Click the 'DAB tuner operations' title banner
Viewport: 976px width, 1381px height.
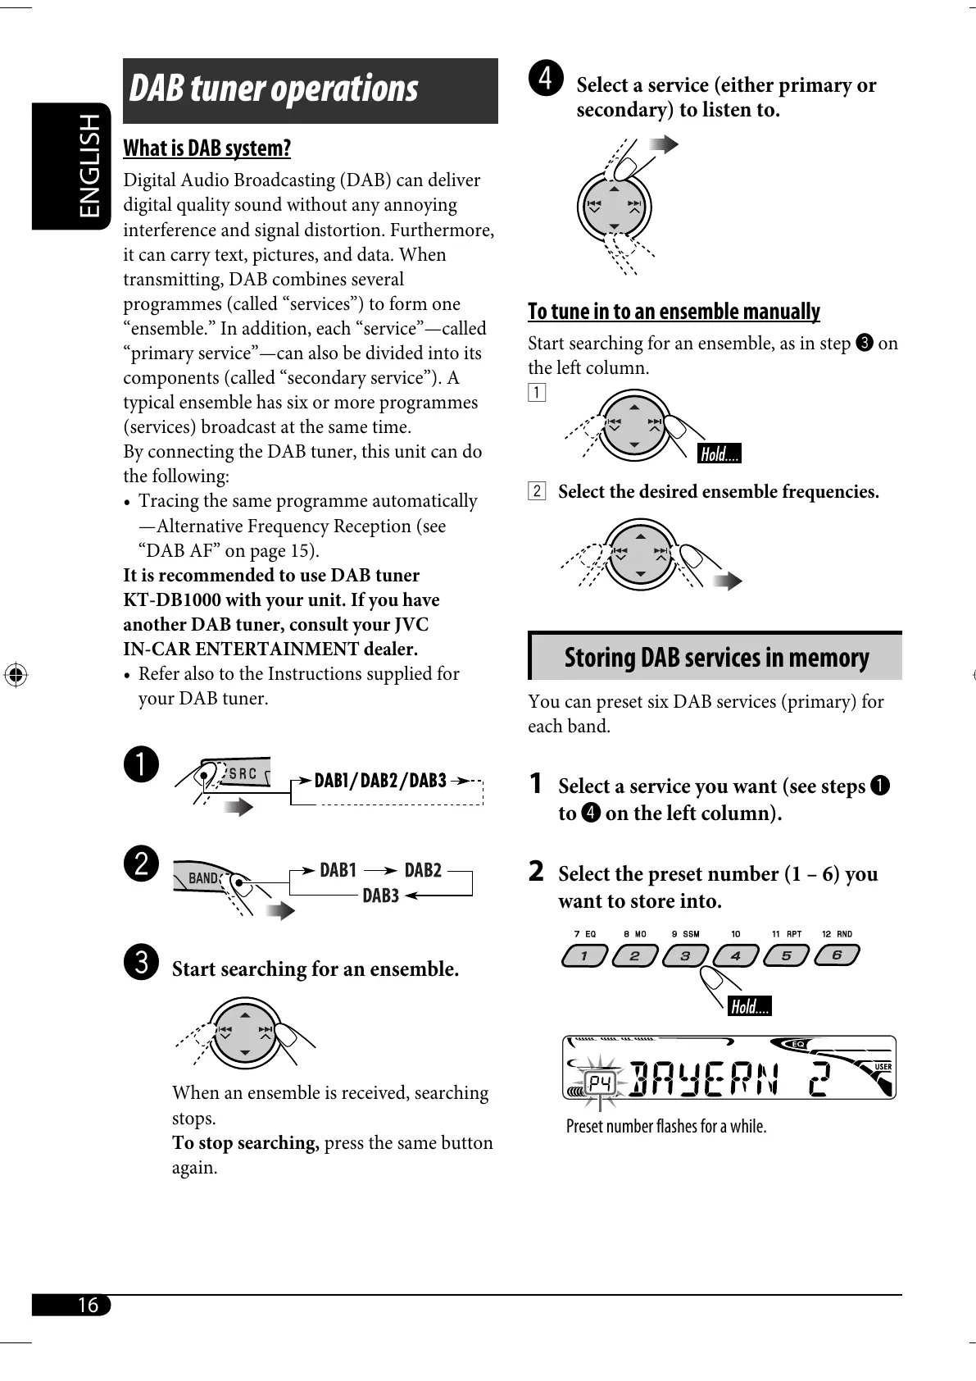point(310,90)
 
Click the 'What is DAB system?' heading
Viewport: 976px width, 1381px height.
point(207,148)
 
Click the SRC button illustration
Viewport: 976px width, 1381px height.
point(243,774)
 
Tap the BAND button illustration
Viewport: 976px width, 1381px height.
point(202,878)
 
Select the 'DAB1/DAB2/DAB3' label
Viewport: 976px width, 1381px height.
point(380,780)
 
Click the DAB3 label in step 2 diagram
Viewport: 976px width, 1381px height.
point(380,896)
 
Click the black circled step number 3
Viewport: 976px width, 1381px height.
point(143,961)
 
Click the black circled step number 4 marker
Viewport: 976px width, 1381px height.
point(546,78)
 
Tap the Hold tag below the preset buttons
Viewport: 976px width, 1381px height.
point(749,1006)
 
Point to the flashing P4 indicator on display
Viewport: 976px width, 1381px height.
point(601,1084)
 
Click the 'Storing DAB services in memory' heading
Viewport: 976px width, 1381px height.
point(715,658)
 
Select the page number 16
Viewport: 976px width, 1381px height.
point(87,1305)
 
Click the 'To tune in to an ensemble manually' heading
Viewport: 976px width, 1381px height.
point(674,312)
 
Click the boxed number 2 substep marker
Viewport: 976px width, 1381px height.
point(537,492)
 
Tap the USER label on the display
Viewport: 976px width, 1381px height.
point(883,1066)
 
